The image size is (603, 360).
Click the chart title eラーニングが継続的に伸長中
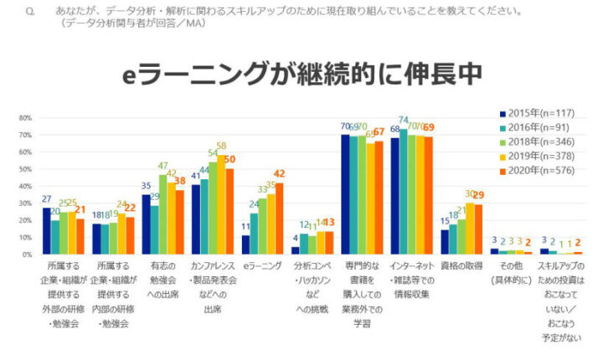click(301, 74)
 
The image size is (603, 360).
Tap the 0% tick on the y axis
click(26, 254)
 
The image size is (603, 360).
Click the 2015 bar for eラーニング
click(246, 244)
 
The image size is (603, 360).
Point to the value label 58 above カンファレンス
click(221, 147)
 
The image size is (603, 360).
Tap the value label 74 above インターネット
click(404, 121)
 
